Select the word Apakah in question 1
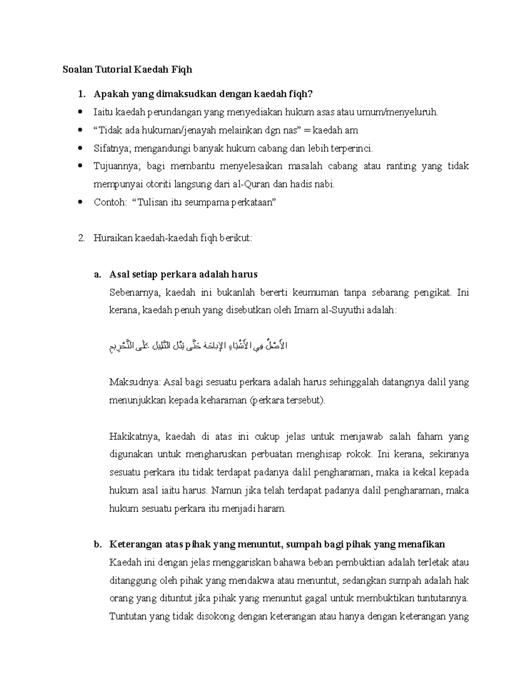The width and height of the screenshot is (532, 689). (108, 94)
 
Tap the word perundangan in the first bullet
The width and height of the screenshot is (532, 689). (176, 112)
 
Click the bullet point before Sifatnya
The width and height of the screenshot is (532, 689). (80, 149)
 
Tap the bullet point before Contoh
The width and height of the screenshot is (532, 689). (80, 203)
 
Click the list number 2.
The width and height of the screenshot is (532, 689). (81, 238)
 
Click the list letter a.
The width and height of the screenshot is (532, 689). (97, 275)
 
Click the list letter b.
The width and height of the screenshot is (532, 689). (97, 545)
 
